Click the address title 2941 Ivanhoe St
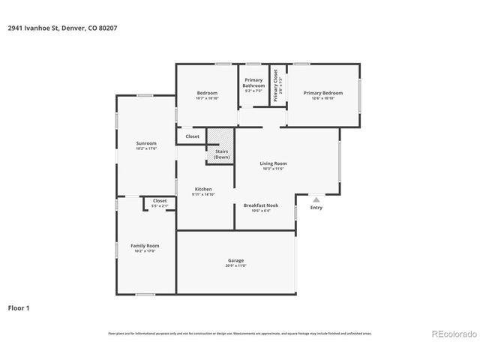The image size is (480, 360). tap(62, 28)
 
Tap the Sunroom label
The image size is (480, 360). tap(146, 143)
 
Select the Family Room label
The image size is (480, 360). tap(145, 245)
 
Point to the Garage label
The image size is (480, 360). tap(236, 260)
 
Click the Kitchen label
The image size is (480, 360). tap(203, 189)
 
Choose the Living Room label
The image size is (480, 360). tap(274, 163)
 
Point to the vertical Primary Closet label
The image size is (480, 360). tap(276, 85)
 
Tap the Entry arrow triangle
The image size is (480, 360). tap(316, 199)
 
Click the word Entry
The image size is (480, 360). tap(316, 208)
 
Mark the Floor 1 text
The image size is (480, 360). tap(19, 307)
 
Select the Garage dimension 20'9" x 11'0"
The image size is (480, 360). tap(236, 265)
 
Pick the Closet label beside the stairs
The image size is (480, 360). tap(193, 136)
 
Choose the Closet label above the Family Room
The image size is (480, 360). tap(160, 201)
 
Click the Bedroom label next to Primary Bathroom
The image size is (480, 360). tap(207, 93)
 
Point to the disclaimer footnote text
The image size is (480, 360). tap(239, 333)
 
